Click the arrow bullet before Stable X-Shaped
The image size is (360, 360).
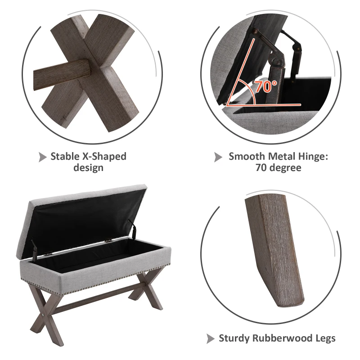[x=42, y=157]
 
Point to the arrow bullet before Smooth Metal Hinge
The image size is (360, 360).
[x=218, y=157]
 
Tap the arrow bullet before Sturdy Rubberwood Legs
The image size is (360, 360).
[x=210, y=338]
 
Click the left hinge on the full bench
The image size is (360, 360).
[x=35, y=247]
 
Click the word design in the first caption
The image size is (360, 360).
[x=88, y=168]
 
